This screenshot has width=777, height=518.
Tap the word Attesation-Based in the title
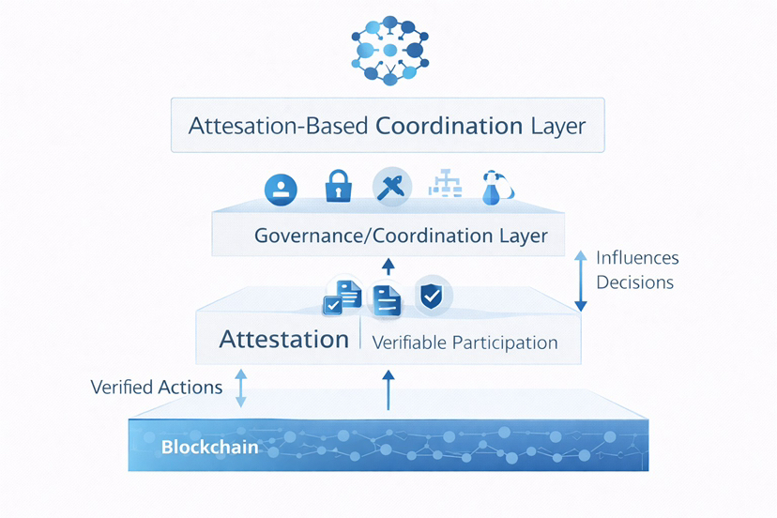pos(278,126)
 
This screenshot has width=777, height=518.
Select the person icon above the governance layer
pos(281,189)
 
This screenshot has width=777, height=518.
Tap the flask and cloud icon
pos(497,188)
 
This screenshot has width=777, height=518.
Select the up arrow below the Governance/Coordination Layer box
pos(389,268)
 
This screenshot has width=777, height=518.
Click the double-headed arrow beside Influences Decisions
pos(580,280)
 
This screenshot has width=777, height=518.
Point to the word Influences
pos(637,258)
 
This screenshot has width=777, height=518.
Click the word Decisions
pos(634,282)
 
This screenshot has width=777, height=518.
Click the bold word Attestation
pos(283,339)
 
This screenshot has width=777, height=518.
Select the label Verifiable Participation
pos(465,343)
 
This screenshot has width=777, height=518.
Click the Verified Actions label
pos(157,387)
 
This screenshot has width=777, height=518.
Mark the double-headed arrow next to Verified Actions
pos(241,387)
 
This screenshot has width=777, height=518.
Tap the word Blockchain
pos(209,446)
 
